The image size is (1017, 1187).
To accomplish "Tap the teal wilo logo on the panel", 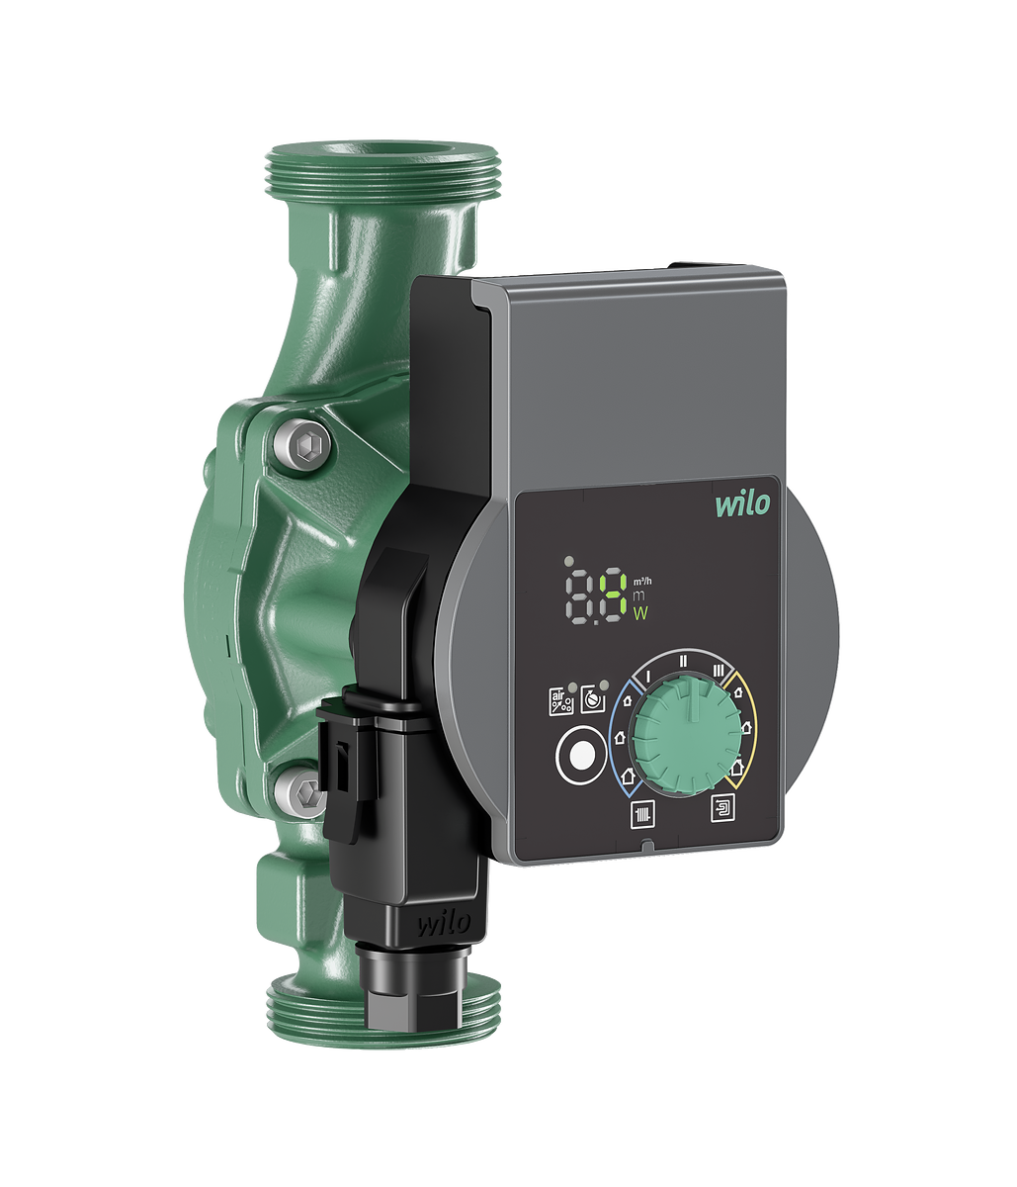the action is [x=742, y=503].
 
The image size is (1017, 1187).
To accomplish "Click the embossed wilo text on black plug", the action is [x=443, y=923].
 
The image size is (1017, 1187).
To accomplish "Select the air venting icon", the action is [x=560, y=701].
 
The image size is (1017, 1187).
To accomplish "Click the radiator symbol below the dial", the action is [x=642, y=815].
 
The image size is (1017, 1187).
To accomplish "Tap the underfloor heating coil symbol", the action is [x=723, y=809].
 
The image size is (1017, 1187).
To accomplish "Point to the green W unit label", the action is [x=640, y=614].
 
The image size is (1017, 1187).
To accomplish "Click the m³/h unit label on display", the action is [x=642, y=582].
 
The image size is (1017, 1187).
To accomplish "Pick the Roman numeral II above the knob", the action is [x=683, y=661].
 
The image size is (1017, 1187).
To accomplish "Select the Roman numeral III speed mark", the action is [x=719, y=670].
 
